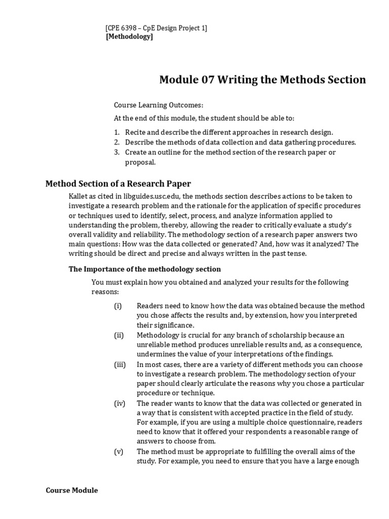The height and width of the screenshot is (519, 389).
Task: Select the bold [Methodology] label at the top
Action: point(129,36)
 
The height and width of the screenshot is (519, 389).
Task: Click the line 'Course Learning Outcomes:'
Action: point(158,105)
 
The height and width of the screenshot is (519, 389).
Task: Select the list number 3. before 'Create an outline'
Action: point(116,152)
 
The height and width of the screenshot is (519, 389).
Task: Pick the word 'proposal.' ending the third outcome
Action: point(140,163)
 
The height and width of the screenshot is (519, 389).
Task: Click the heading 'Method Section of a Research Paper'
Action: point(118,183)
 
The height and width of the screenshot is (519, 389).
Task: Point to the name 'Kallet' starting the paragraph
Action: point(79,196)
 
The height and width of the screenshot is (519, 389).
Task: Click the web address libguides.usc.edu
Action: point(151,196)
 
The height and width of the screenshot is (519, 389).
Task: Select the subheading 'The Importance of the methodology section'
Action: point(144,269)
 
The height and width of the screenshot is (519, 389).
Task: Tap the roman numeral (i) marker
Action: point(118,306)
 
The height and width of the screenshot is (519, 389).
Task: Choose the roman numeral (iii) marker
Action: point(119,364)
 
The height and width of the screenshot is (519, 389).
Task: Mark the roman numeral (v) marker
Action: point(118,452)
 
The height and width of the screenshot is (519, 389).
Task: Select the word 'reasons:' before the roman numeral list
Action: point(105,292)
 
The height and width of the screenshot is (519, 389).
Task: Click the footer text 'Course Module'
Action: point(72,490)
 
